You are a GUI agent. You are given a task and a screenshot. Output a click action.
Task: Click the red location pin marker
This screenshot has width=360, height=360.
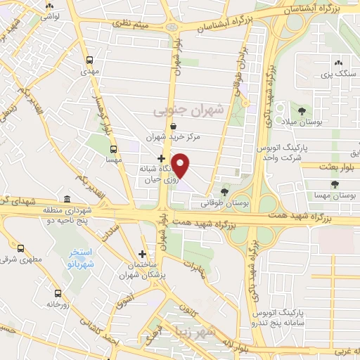point(181,166)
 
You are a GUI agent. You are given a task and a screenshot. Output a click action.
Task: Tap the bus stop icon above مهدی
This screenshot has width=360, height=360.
point(89,60)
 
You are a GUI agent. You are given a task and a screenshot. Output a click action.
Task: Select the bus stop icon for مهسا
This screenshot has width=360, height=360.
point(113,149)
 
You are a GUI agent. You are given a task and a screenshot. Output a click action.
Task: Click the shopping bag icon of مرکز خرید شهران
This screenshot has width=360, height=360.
point(173,126)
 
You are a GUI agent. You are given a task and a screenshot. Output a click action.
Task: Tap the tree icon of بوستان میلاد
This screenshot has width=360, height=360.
point(302,111)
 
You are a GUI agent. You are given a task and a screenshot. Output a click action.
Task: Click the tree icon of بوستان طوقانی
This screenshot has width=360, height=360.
point(225,191)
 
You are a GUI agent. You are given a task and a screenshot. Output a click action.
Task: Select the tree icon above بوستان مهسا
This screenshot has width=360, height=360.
point(334,184)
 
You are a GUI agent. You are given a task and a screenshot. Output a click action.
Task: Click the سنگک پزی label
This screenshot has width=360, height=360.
point(335,73)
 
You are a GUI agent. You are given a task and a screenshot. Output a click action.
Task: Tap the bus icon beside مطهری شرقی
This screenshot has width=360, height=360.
point(20,248)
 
